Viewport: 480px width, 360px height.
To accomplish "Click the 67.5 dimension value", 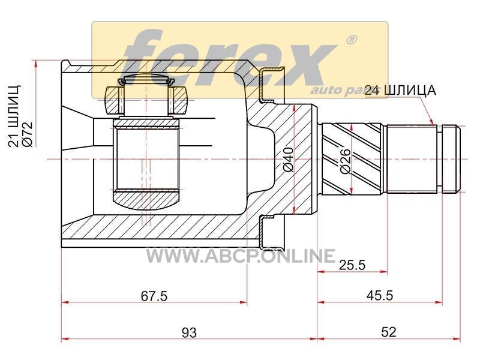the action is pyautogui.click(x=154, y=296).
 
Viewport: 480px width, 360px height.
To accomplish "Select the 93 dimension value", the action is pyautogui.click(x=189, y=332).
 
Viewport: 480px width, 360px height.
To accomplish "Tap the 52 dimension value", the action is pyautogui.click(x=388, y=332).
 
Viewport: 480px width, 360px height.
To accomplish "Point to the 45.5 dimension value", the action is pyautogui.click(x=380, y=296).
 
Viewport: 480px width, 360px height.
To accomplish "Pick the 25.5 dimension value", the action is pyautogui.click(x=352, y=265).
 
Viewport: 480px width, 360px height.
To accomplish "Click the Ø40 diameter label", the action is pyautogui.click(x=289, y=159).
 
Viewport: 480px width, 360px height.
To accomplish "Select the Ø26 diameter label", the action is pyautogui.click(x=345, y=161).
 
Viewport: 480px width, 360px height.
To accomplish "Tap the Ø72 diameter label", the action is pyautogui.click(x=27, y=134).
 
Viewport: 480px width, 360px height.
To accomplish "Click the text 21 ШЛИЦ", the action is pyautogui.click(x=14, y=115).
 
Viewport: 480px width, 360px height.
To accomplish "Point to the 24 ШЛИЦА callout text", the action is pyautogui.click(x=400, y=91).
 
